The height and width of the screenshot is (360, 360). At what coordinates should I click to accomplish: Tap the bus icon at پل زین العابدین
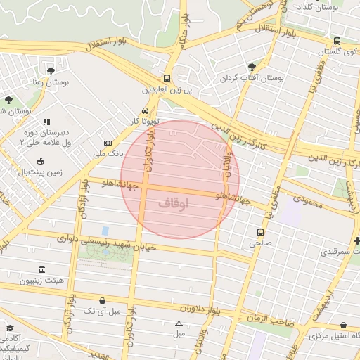pos(167,79)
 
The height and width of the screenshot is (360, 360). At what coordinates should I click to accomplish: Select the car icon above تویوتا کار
pos(144,110)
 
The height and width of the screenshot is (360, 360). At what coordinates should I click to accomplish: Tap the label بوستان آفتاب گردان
pos(252,79)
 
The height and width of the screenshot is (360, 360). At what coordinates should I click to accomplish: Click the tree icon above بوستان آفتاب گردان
pos(252,67)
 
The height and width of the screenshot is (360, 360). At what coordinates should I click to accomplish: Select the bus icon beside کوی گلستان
pos(337,41)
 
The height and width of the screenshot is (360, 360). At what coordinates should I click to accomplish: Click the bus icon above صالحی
pos(261,232)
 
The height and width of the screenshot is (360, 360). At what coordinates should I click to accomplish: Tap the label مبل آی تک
pos(102,310)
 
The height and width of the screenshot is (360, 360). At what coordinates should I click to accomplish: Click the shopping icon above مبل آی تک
pos(103,300)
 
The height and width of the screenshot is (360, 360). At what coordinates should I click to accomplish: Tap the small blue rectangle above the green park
pos(105,231)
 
